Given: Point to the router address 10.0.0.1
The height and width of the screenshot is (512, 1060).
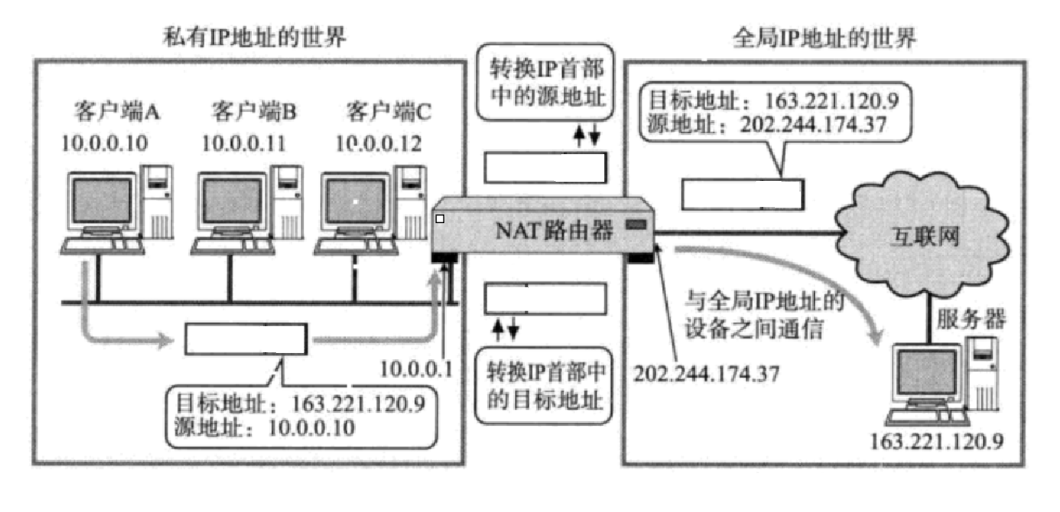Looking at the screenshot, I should pos(416,369).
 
